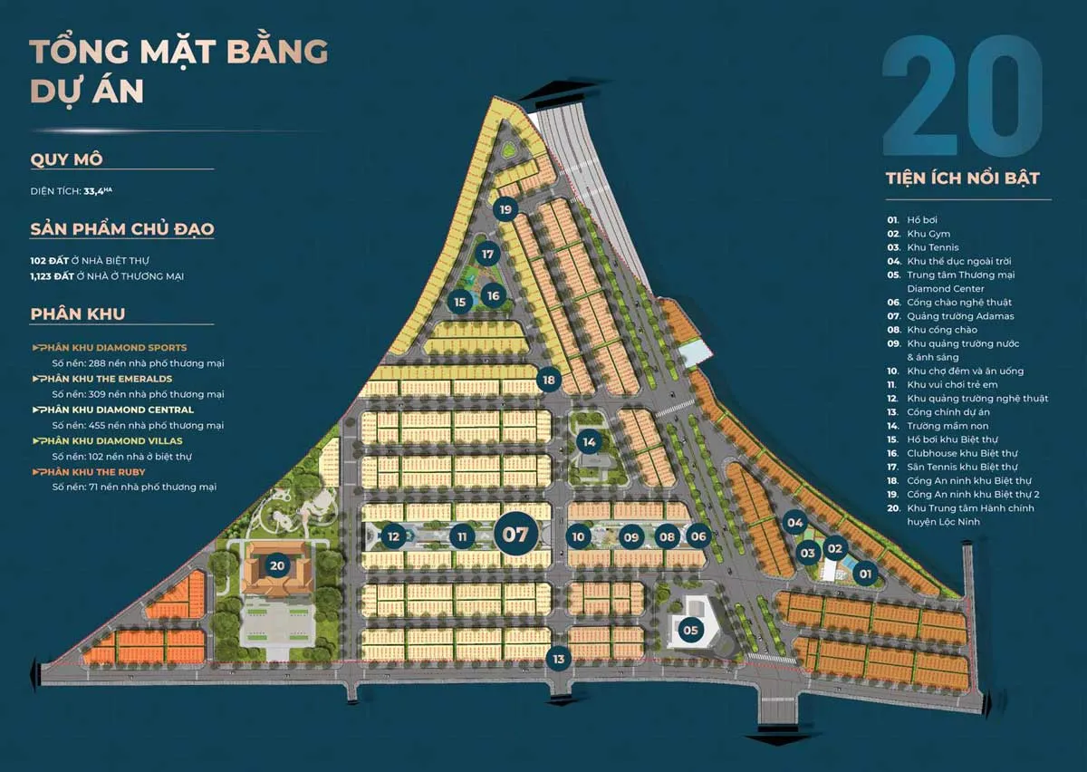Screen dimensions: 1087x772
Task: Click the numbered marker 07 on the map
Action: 515,534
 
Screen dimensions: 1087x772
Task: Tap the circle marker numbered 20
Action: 277,566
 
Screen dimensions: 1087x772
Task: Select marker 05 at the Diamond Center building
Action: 691,630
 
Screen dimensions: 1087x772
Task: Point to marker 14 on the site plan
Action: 590,442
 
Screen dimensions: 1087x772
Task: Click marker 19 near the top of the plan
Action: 505,210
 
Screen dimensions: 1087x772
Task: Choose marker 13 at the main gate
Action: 559,659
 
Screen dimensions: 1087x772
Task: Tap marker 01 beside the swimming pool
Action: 865,573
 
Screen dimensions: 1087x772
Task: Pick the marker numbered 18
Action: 549,380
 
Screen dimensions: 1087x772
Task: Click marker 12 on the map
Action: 393,536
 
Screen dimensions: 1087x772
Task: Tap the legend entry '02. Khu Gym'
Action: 919,234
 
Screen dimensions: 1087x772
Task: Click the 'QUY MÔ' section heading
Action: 67,159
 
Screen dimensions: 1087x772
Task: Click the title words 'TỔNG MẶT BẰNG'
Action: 178,52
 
